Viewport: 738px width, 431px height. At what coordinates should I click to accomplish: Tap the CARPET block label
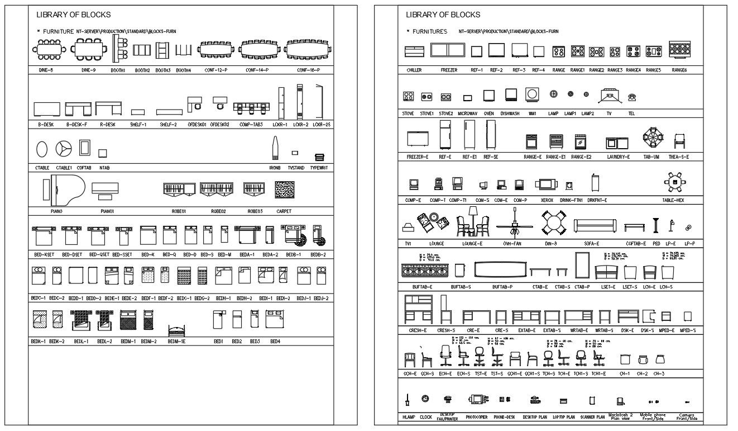tap(284, 211)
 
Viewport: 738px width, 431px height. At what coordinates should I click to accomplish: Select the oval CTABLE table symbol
tap(42, 149)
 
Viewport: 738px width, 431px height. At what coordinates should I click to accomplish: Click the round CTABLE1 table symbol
tap(64, 149)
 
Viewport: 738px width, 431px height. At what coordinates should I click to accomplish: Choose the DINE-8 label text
tap(46, 70)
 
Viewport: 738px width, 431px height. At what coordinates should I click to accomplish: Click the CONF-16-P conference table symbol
tap(306, 51)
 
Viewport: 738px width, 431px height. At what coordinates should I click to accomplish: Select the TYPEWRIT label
tap(320, 167)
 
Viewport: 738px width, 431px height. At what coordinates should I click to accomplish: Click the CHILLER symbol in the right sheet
tap(414, 51)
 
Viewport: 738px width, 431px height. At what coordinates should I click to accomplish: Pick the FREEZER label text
tap(449, 70)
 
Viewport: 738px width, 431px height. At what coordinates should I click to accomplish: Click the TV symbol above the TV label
tap(610, 96)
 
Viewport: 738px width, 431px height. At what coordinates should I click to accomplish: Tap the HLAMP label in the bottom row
tap(409, 416)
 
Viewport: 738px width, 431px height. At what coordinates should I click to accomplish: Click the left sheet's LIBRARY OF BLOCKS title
tap(73, 15)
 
